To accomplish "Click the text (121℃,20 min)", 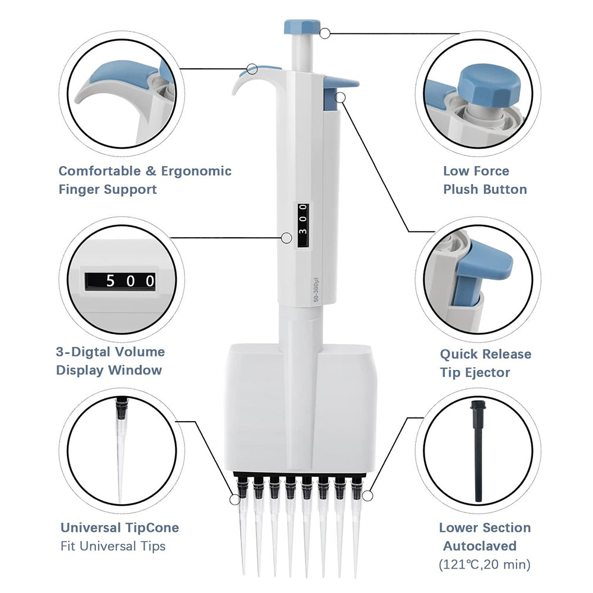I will [484, 564].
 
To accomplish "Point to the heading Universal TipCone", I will [119, 527].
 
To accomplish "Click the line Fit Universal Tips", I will [113, 546].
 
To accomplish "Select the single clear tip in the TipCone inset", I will [120, 451].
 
